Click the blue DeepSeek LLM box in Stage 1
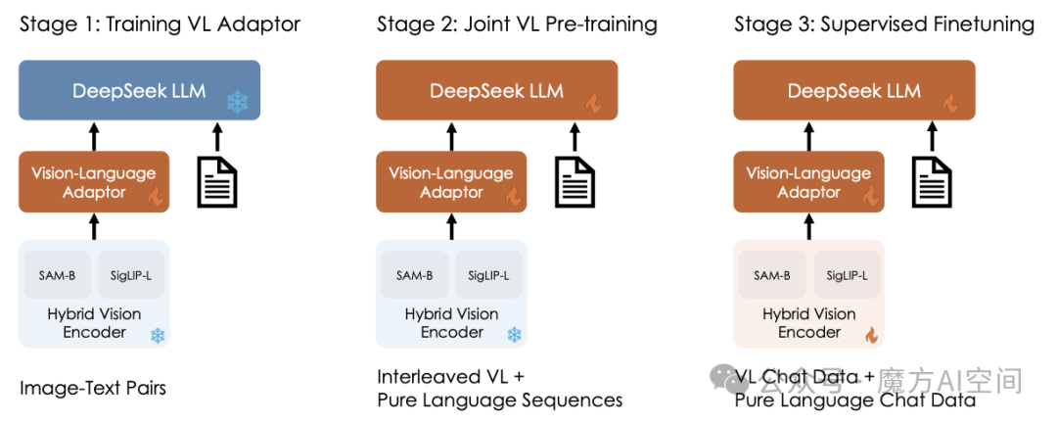pos(138,91)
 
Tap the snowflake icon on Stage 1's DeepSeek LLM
pos(236,101)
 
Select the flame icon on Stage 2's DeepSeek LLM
pos(593,102)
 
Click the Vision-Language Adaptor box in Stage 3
pos(808,182)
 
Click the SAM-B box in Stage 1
pos(58,275)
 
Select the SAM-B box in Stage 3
pos(772,275)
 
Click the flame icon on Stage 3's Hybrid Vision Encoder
pos(871,336)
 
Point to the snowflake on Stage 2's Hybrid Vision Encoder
pos(514,336)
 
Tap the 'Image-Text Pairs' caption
pos(93,388)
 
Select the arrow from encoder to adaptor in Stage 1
pos(94,227)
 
